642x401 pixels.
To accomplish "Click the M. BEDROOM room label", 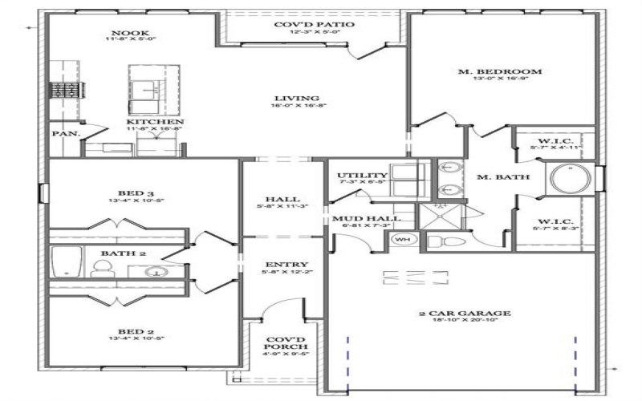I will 499,72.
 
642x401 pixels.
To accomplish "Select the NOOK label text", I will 127,34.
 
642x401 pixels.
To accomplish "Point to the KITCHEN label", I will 149,121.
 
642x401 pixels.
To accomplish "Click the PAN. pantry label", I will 65,133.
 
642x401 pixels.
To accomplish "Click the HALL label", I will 282,200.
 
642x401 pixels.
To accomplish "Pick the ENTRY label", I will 282,265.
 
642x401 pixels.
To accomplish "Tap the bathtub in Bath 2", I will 65,261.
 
